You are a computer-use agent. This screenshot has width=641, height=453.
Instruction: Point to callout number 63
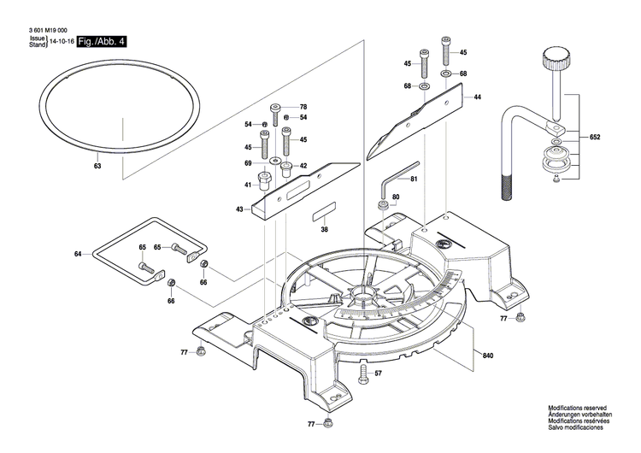[x=97, y=167]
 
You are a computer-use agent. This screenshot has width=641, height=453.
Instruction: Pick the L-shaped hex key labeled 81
[x=396, y=180]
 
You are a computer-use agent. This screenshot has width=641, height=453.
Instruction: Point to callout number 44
[x=477, y=97]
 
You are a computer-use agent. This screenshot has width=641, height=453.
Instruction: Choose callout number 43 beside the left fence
[x=240, y=209]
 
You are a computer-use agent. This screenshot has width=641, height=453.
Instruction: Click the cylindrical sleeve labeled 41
[x=264, y=183]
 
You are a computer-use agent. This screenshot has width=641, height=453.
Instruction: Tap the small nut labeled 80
[x=385, y=206]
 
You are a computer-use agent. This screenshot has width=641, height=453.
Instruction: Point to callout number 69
[x=248, y=162]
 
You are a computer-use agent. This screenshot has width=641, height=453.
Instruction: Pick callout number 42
[x=302, y=166]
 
